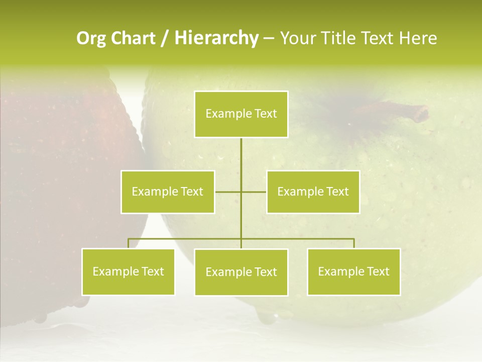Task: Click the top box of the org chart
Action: (241, 114)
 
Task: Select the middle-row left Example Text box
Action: (168, 192)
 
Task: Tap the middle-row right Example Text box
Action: (313, 192)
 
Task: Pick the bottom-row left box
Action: (128, 271)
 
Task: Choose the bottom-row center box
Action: (241, 272)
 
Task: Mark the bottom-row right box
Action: (353, 271)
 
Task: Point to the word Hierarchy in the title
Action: (216, 38)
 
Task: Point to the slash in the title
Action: (165, 38)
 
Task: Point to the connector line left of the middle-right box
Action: (254, 192)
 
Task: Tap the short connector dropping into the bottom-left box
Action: (128, 243)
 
